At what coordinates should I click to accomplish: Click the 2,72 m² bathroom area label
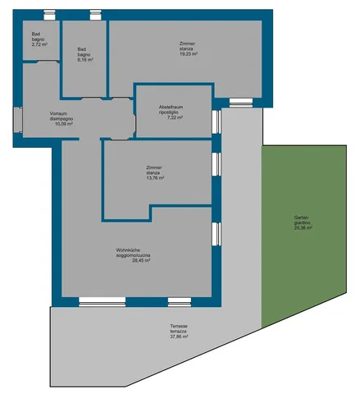click(39, 44)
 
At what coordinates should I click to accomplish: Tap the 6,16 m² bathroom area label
click(85, 60)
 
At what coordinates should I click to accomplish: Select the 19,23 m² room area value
click(189, 54)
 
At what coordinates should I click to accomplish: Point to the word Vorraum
click(58, 113)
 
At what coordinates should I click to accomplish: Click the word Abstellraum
click(171, 107)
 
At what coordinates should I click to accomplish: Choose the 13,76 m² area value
click(155, 178)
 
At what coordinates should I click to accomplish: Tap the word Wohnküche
click(128, 250)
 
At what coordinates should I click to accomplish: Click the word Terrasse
click(179, 326)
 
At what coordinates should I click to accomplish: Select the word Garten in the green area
click(301, 218)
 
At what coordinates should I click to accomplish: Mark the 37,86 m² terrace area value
click(179, 337)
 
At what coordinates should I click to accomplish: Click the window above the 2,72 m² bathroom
click(49, 15)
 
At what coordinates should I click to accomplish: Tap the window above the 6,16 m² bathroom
click(96, 15)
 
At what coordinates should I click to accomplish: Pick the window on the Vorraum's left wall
click(18, 120)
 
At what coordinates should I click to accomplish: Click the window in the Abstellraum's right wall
click(216, 121)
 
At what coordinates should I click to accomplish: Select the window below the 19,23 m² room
click(241, 103)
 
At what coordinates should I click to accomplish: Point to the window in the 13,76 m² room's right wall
click(216, 164)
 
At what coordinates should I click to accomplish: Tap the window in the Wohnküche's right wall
click(216, 234)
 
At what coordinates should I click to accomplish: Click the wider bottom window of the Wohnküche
click(103, 302)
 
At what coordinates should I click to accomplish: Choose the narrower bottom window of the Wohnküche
click(180, 302)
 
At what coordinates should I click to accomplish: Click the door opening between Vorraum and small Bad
click(48, 62)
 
